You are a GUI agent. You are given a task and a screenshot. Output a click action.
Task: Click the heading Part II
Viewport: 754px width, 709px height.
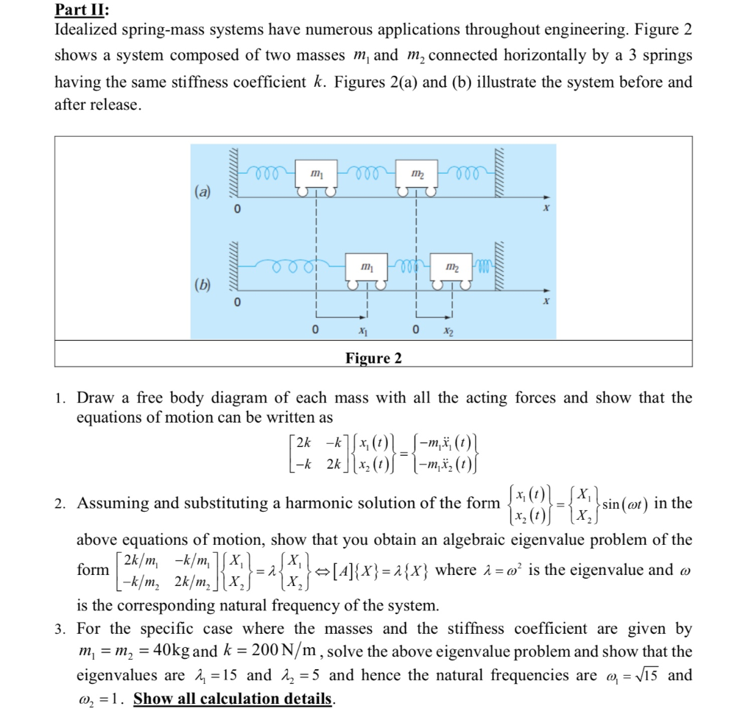(x=82, y=10)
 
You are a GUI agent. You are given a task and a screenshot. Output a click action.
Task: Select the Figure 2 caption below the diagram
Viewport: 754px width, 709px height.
(x=373, y=359)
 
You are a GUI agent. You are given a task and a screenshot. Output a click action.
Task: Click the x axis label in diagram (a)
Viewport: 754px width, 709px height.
(x=546, y=209)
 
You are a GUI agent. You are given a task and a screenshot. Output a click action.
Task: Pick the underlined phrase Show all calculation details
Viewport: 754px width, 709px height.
(x=233, y=698)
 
